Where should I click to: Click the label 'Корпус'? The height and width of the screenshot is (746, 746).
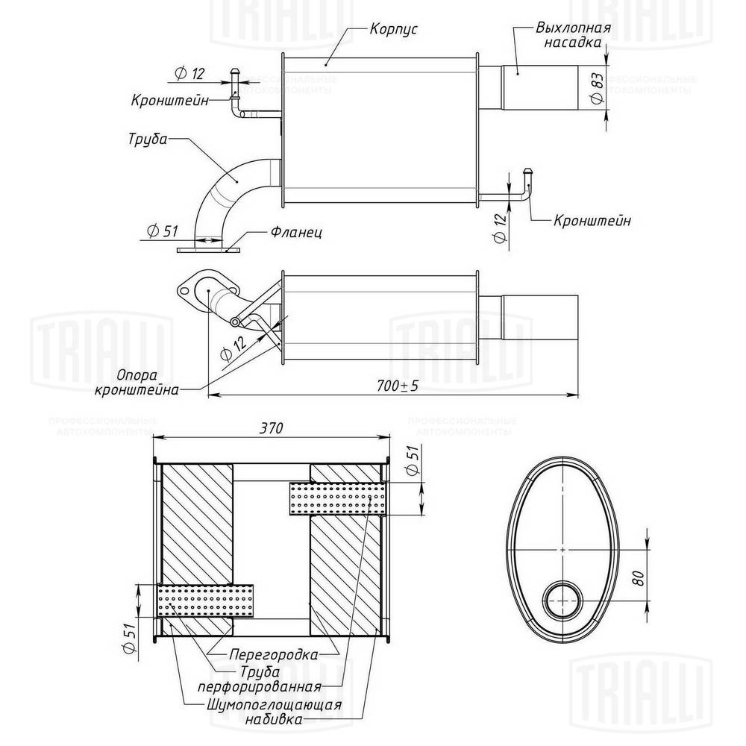(x=393, y=29)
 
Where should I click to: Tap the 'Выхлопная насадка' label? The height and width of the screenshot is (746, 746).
(x=573, y=35)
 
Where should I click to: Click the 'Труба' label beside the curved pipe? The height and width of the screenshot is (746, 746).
(x=148, y=140)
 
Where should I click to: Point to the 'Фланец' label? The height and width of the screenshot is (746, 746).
(x=296, y=232)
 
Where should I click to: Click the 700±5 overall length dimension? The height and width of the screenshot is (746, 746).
(x=398, y=386)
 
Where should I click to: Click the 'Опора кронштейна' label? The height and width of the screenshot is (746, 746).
(x=137, y=383)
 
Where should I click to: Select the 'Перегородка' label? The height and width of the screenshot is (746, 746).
(x=274, y=654)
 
